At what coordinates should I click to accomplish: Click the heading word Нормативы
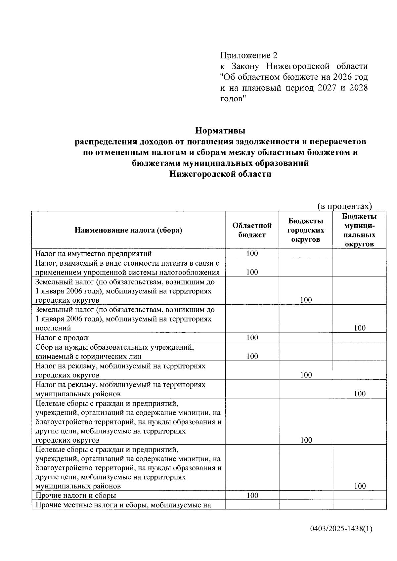[x=220, y=131]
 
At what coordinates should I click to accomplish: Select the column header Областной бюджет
[x=252, y=230]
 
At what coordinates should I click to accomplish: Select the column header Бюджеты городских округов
[x=306, y=230]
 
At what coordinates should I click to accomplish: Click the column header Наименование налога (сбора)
[x=128, y=230]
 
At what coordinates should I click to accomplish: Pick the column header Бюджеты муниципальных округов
[x=359, y=230]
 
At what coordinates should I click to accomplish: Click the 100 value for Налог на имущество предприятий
[x=252, y=253]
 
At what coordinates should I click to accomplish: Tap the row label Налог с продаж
[x=62, y=338]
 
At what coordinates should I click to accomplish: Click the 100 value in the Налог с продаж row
[x=252, y=337]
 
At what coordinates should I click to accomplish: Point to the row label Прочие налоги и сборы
[x=76, y=496]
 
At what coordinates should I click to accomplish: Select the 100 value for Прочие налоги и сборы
[x=252, y=495]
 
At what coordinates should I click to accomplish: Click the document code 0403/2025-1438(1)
[x=341, y=529]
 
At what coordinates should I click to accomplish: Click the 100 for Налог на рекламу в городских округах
[x=306, y=375]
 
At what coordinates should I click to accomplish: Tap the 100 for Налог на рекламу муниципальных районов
[x=360, y=394]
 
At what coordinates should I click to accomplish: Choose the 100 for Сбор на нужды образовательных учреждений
[x=252, y=356]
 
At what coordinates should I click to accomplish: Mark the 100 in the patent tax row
[x=252, y=272]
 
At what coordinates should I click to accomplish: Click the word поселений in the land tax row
[x=53, y=328]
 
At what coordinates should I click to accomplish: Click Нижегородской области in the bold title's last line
[x=220, y=174]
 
